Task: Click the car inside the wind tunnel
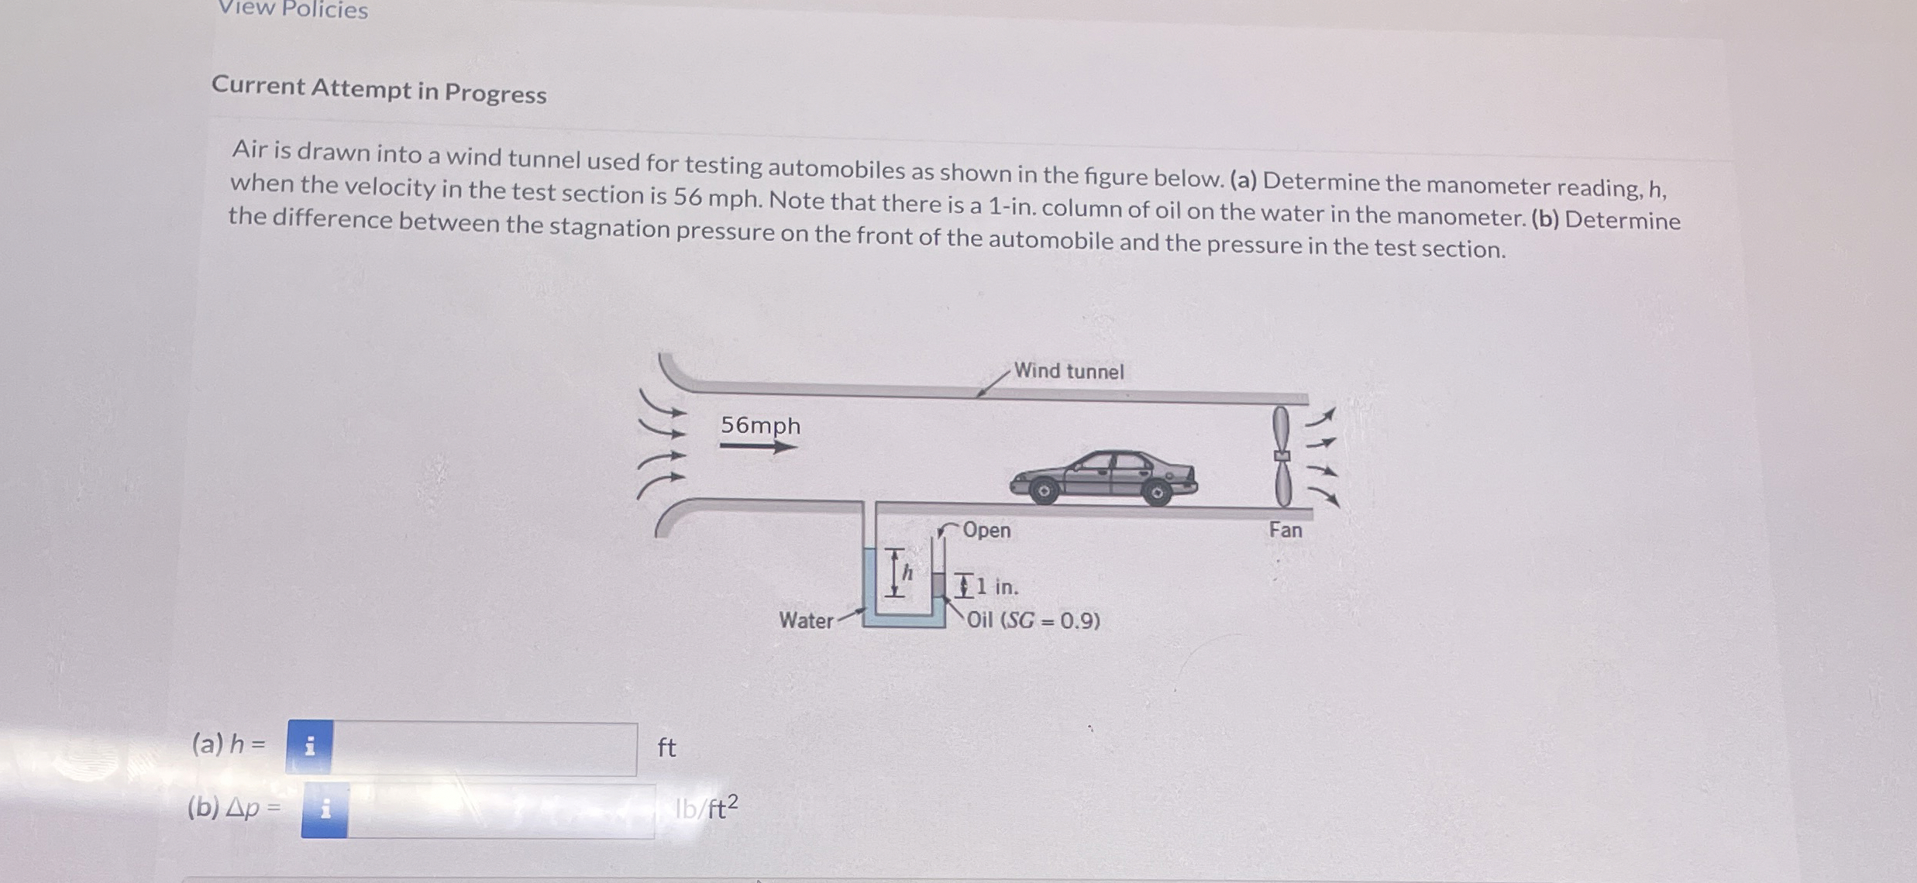pyautogui.click(x=1103, y=477)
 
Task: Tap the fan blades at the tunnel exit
pyautogui.click(x=1282, y=457)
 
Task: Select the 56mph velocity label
pyautogui.click(x=760, y=425)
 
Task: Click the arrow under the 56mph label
pyautogui.click(x=758, y=446)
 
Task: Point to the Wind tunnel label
pyautogui.click(x=1068, y=371)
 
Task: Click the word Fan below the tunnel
pyautogui.click(x=1285, y=531)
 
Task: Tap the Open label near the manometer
pyautogui.click(x=986, y=531)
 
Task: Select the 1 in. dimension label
pyautogui.click(x=997, y=587)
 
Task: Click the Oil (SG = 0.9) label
pyautogui.click(x=1033, y=620)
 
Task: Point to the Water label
pyautogui.click(x=806, y=620)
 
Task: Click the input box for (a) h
pyautogui.click(x=484, y=748)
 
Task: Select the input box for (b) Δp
pyautogui.click(x=500, y=810)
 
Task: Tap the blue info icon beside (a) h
pyautogui.click(x=310, y=747)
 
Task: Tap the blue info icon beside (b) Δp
pyautogui.click(x=325, y=810)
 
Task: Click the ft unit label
pyautogui.click(x=666, y=748)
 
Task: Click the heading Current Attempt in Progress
pyautogui.click(x=379, y=90)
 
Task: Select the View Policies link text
pyautogui.click(x=293, y=9)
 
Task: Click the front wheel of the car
pyautogui.click(x=1044, y=491)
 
